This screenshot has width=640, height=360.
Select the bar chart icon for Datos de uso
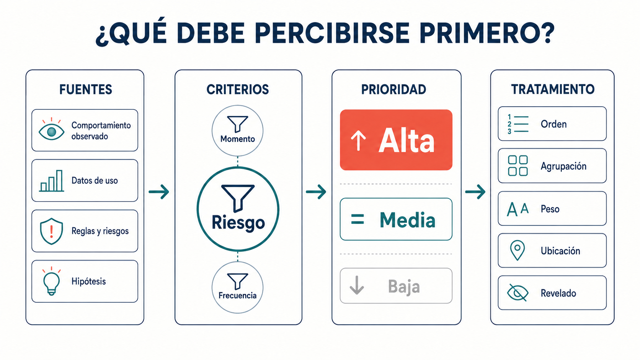click(51, 181)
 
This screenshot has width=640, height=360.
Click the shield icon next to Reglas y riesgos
click(51, 231)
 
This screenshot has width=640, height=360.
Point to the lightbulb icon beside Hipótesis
click(51, 281)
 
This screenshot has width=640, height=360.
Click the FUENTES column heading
click(85, 90)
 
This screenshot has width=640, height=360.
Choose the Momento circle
click(237, 131)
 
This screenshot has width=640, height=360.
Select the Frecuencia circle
click(237, 287)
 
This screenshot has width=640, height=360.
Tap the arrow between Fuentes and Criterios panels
click(159, 191)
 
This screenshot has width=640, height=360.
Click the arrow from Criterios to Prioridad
click(316, 191)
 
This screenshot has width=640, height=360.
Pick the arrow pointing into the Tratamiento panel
click(475, 191)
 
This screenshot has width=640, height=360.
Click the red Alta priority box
click(396, 140)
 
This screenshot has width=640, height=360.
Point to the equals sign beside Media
click(358, 219)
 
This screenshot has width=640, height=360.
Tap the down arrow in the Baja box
click(357, 285)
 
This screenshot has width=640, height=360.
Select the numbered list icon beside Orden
click(518, 124)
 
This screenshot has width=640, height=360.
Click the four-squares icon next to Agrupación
click(518, 166)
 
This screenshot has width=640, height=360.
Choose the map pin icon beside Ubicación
click(518, 250)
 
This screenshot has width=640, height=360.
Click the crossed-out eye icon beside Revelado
click(518, 293)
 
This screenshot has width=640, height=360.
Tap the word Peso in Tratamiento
click(550, 209)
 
